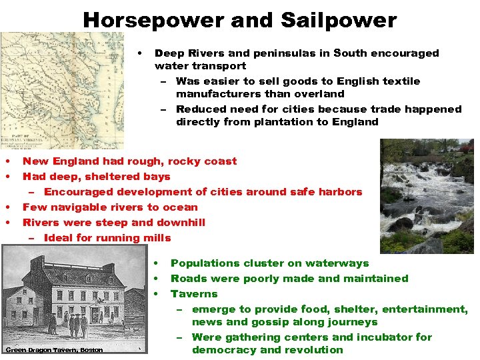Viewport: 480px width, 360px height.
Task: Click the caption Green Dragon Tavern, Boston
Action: click(54, 350)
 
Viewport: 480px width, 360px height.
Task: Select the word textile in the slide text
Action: click(397, 81)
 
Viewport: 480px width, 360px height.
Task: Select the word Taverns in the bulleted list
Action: click(194, 293)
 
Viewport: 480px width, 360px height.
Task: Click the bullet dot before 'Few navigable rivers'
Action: click(7, 207)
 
